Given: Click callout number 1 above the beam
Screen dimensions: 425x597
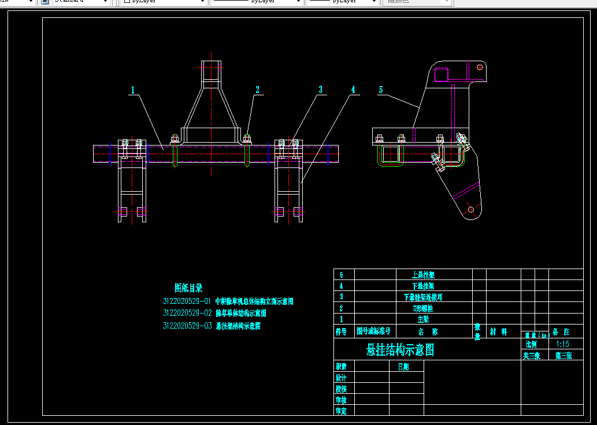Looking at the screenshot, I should pyautogui.click(x=133, y=90).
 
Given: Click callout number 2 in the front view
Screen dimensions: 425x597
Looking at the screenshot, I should pyautogui.click(x=258, y=90).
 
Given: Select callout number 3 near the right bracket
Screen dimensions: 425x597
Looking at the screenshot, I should pyautogui.click(x=320, y=90).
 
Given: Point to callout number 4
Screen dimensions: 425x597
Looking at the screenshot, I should pyautogui.click(x=353, y=90).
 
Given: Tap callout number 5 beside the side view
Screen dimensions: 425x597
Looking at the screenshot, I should pyautogui.click(x=381, y=90).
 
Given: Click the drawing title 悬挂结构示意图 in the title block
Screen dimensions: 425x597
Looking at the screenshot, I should pyautogui.click(x=400, y=350).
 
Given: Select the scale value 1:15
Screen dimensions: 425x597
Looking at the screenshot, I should pyautogui.click(x=562, y=344).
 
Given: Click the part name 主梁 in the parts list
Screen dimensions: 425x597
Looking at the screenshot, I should pyautogui.click(x=423, y=319).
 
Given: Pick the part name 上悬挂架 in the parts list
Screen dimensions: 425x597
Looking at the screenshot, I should pyautogui.click(x=423, y=275).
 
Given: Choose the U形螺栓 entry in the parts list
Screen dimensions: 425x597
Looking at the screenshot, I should pyautogui.click(x=423, y=308).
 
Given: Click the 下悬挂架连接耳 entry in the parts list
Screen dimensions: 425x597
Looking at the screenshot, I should pyautogui.click(x=423, y=297).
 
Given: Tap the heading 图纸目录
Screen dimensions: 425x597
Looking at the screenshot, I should pyautogui.click(x=188, y=288).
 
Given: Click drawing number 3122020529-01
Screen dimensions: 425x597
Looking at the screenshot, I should pyautogui.click(x=187, y=301).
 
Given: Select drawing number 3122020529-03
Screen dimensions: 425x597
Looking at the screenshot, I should pyautogui.click(x=187, y=326).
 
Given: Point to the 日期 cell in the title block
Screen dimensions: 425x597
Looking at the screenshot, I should pyautogui.click(x=403, y=367).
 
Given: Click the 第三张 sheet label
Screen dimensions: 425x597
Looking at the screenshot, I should pyautogui.click(x=564, y=356).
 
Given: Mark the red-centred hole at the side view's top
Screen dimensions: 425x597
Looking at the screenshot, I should pyautogui.click(x=479, y=68).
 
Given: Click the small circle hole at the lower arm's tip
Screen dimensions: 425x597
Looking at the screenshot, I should pyautogui.click(x=471, y=209).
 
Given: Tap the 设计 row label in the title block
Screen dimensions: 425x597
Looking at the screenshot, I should pyautogui.click(x=341, y=378).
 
